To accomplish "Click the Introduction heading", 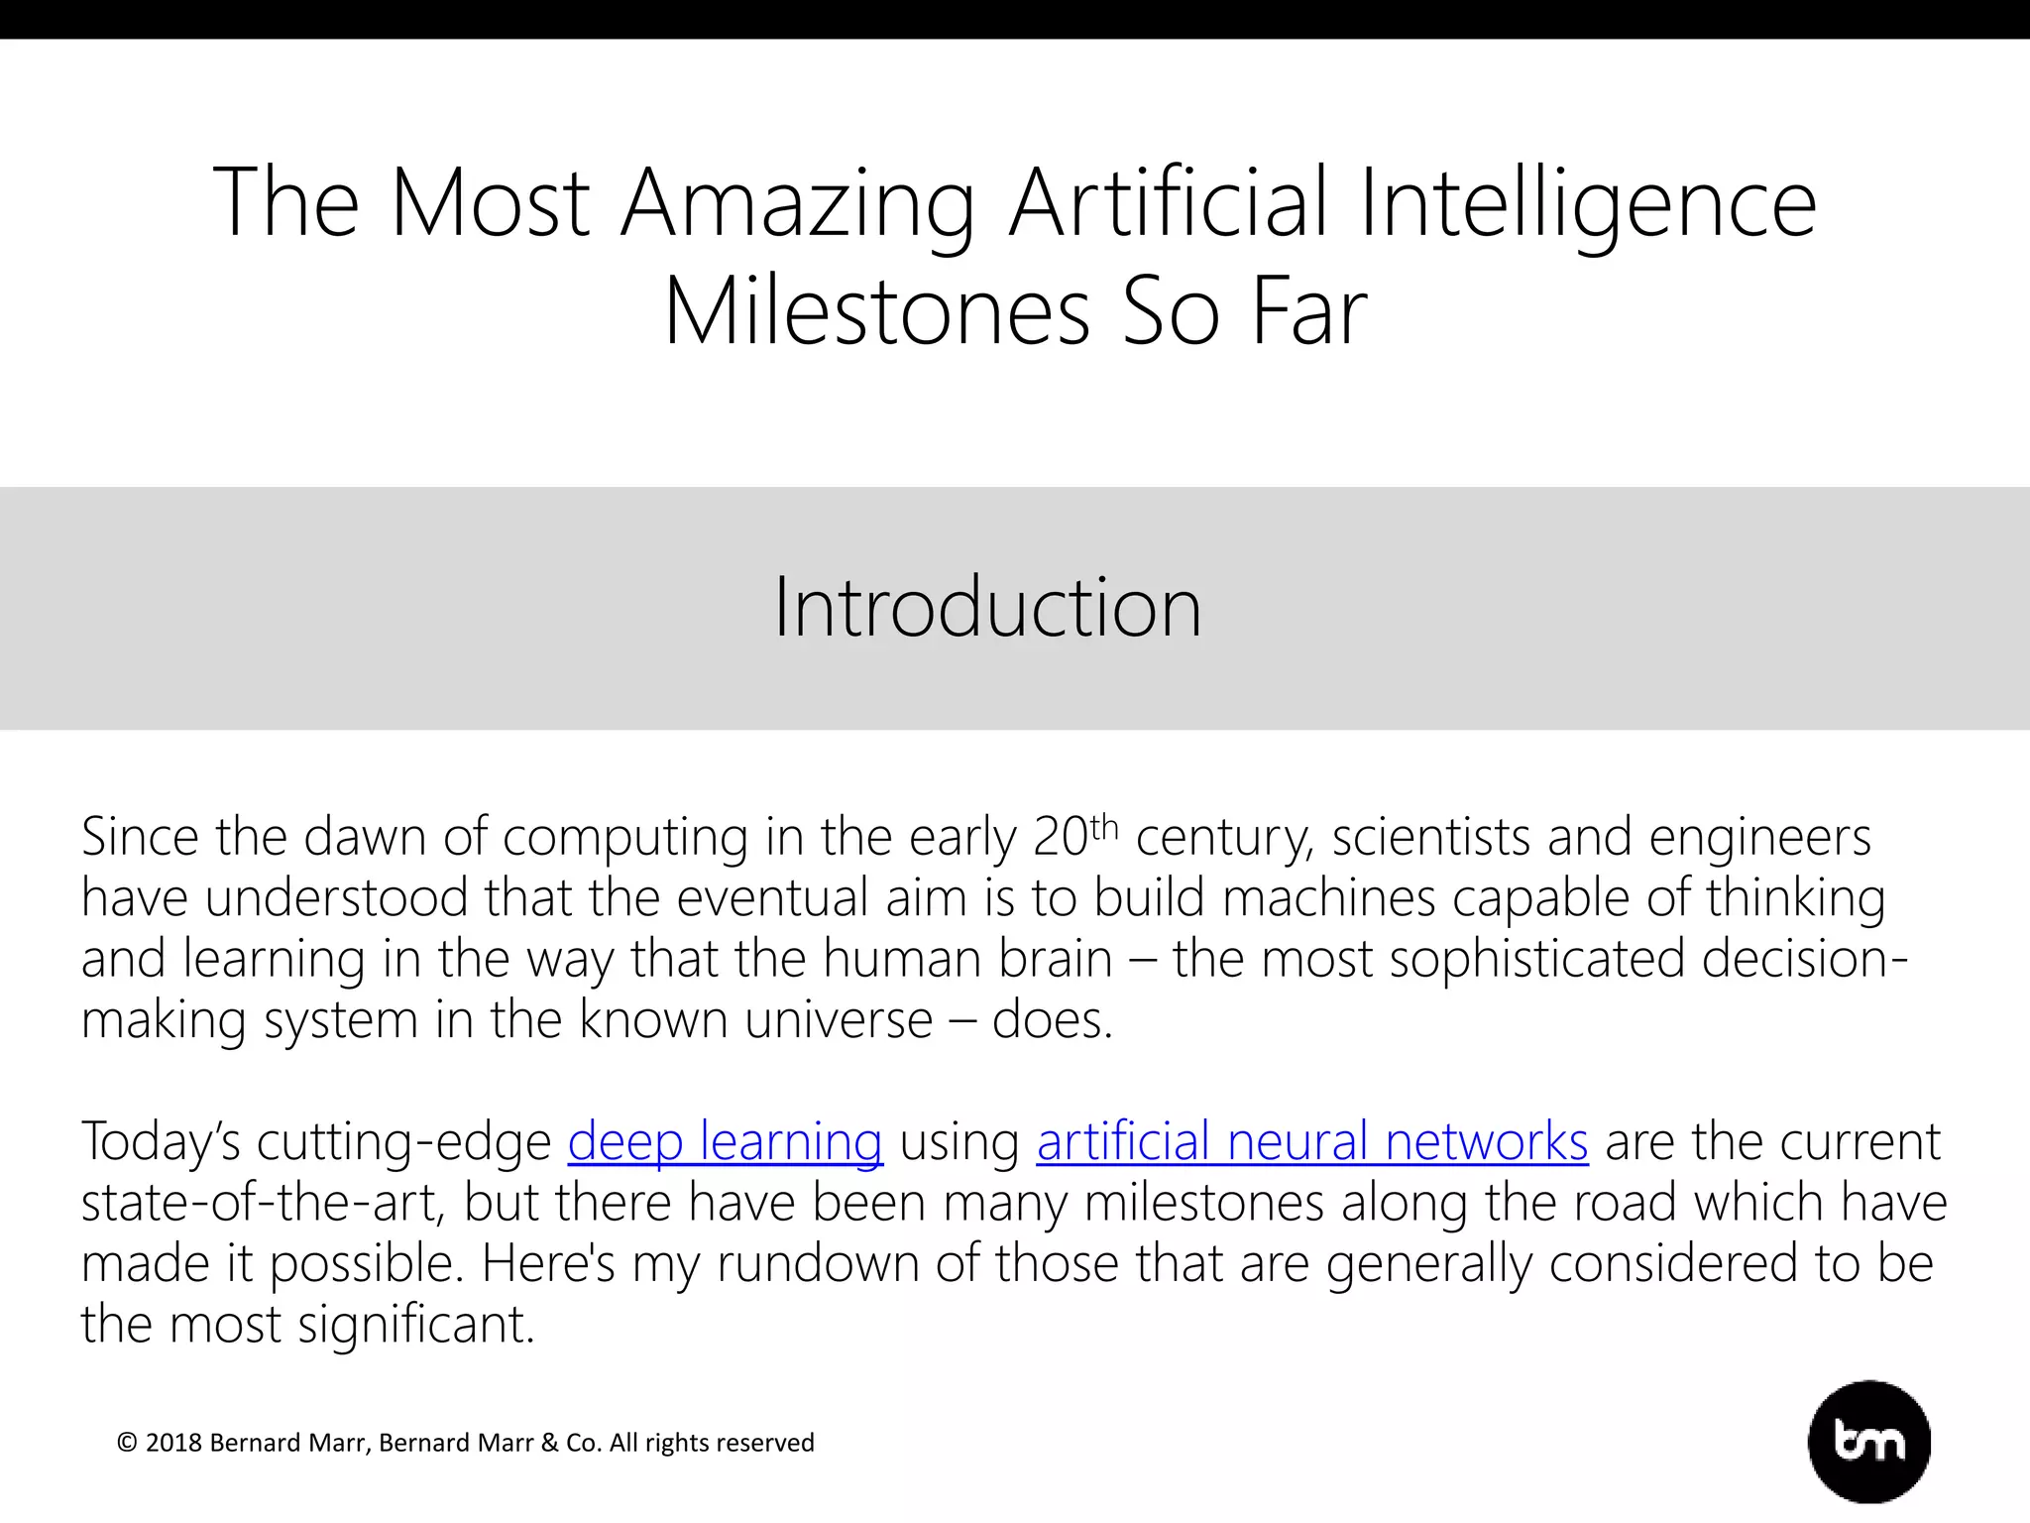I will tap(987, 607).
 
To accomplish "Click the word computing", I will tap(625, 839).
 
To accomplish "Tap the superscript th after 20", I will tap(1104, 827).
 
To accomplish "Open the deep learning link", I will tap(725, 1141).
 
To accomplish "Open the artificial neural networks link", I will tap(1312, 1141).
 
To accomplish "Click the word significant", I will tap(416, 1325).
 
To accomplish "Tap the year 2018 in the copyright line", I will tap(173, 1443).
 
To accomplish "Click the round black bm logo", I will tap(1869, 1442).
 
